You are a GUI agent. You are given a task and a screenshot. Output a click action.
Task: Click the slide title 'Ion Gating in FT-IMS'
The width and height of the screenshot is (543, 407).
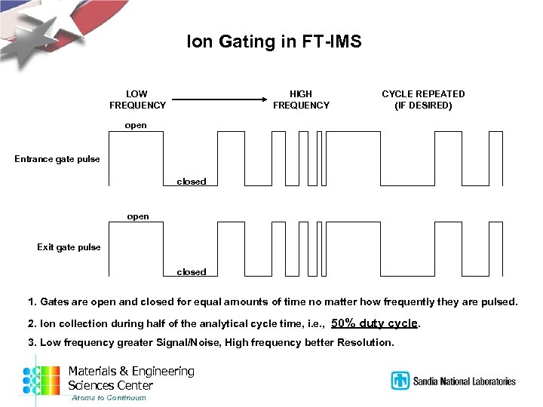[274, 42]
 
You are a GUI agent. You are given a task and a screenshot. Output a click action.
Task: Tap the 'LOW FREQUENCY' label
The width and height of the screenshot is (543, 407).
[137, 99]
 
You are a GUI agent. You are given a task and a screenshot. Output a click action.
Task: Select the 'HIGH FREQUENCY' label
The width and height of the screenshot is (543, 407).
[301, 99]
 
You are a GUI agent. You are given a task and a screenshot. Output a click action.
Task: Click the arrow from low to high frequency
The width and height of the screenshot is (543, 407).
[219, 99]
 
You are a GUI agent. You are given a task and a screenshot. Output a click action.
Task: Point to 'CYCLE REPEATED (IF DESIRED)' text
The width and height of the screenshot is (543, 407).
[423, 99]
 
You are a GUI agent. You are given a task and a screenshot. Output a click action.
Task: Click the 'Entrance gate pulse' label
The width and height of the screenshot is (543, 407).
[57, 159]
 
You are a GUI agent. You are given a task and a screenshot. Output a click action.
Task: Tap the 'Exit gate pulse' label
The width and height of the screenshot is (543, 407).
[69, 246]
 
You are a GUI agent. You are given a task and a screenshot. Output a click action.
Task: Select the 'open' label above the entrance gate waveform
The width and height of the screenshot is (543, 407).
[136, 125]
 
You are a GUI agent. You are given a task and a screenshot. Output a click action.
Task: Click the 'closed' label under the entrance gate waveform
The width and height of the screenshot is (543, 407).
[192, 182]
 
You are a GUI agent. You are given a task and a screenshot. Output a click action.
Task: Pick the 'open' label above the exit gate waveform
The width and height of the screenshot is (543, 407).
[138, 216]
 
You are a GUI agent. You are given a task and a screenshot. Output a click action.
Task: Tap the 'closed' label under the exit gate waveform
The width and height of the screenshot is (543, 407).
[192, 272]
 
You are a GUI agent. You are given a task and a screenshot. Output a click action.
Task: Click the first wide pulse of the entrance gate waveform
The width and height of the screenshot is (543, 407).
[136, 158]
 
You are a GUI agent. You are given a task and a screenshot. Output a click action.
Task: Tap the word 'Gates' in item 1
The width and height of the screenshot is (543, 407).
[54, 302]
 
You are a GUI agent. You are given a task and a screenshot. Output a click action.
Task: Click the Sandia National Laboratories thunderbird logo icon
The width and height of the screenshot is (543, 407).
[400, 381]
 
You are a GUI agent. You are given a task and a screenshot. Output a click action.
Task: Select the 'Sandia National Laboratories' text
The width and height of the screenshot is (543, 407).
[464, 381]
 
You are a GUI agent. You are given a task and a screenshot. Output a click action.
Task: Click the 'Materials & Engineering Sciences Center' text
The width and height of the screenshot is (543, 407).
[131, 378]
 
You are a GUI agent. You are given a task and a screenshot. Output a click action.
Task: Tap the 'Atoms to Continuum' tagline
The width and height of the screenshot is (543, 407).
[109, 398]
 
